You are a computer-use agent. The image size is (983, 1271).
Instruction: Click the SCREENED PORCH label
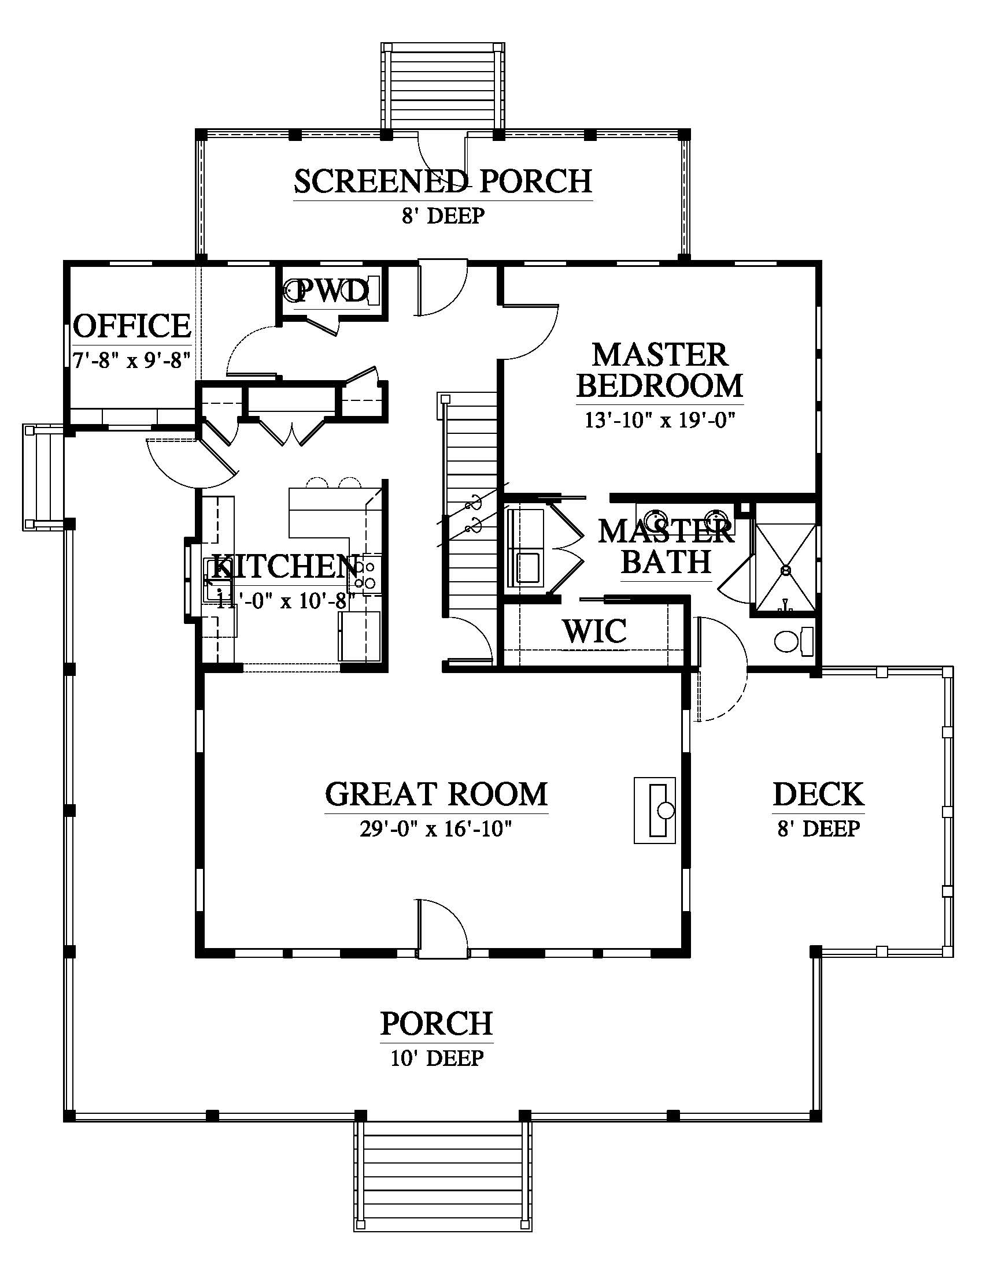tap(442, 181)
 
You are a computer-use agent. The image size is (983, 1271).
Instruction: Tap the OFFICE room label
tap(132, 325)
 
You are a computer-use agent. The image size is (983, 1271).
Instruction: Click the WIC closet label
tap(594, 630)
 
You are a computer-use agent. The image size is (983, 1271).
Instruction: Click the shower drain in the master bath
tap(785, 570)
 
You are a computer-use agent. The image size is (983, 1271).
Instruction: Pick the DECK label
tap(818, 794)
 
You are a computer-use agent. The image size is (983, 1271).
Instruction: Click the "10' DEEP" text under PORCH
tap(437, 1058)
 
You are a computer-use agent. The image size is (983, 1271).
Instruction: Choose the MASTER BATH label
tap(666, 547)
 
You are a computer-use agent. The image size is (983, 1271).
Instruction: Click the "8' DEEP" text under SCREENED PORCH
tap(443, 216)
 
